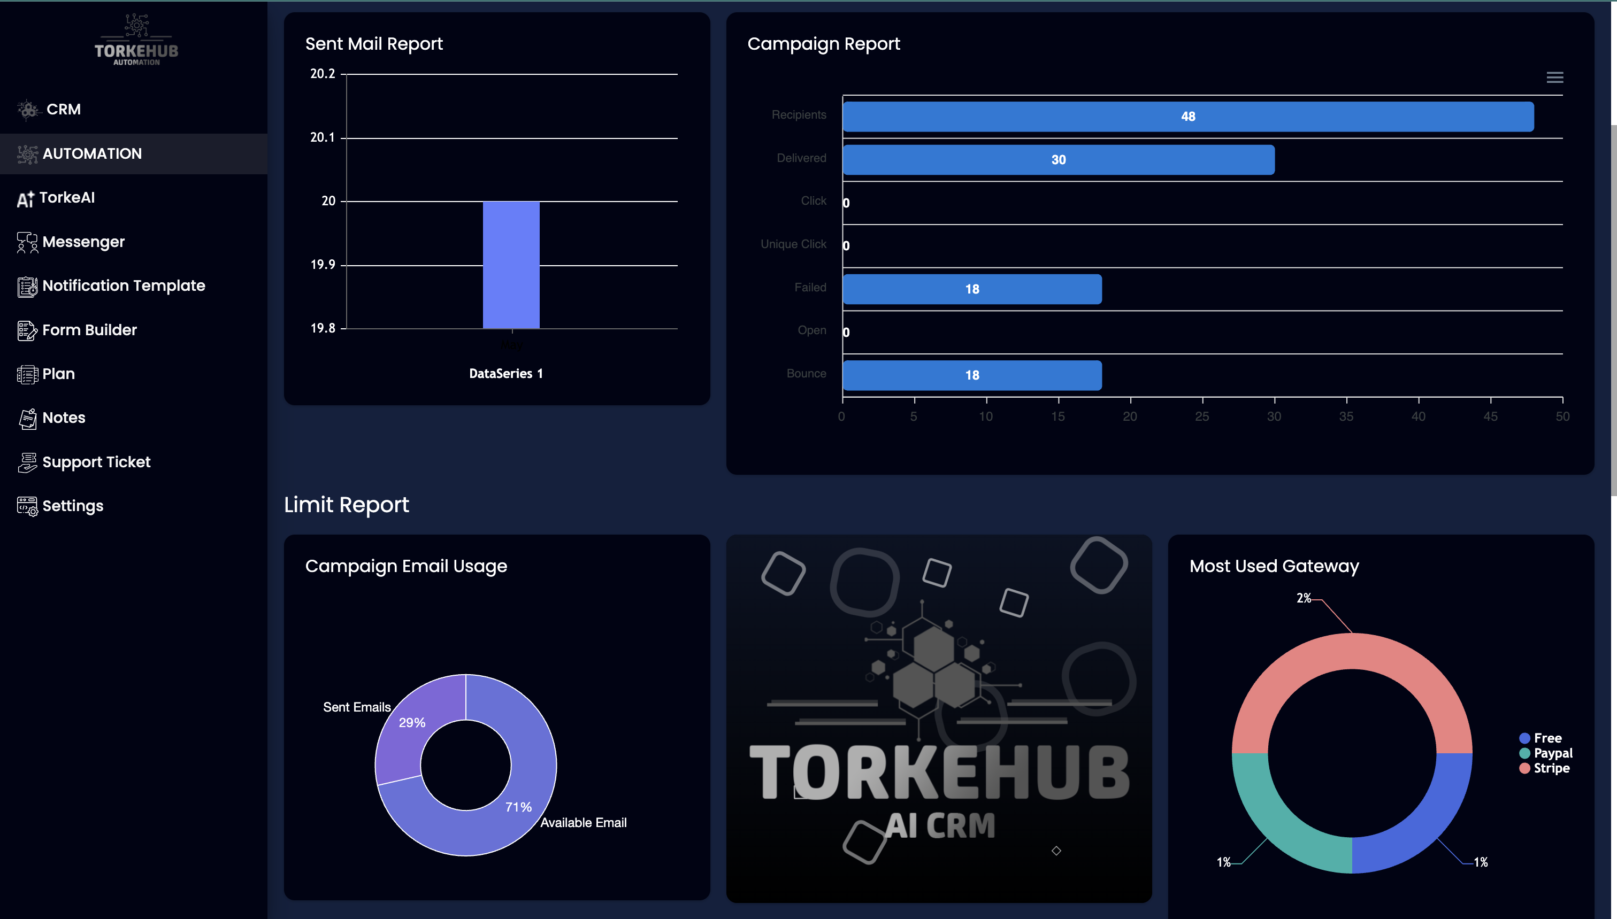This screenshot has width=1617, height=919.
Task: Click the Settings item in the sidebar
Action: [72, 506]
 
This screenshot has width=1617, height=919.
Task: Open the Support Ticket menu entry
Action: [95, 462]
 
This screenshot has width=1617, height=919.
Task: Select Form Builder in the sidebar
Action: [88, 330]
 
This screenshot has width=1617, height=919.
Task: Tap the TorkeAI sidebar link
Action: [66, 198]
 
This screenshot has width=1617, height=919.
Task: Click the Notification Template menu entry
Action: [123, 286]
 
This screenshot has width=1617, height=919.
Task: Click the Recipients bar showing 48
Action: [1187, 117]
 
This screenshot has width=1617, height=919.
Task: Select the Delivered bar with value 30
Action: [1058, 160]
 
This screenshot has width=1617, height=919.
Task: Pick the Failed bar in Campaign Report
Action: [972, 289]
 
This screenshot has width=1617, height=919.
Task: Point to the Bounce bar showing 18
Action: [972, 375]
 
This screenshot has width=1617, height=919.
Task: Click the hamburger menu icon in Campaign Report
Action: [1554, 78]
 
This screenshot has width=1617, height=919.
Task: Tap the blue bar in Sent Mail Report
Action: [511, 265]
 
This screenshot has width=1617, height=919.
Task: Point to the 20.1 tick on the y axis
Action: [323, 137]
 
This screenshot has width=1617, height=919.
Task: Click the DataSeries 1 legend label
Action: [505, 374]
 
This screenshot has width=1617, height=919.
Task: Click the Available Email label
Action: [583, 822]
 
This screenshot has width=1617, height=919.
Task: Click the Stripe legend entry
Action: [1551, 768]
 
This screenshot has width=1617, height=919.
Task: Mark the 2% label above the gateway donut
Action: [1303, 598]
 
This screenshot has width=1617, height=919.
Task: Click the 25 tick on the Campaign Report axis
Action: [1201, 416]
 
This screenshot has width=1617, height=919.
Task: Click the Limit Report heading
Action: [346, 505]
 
